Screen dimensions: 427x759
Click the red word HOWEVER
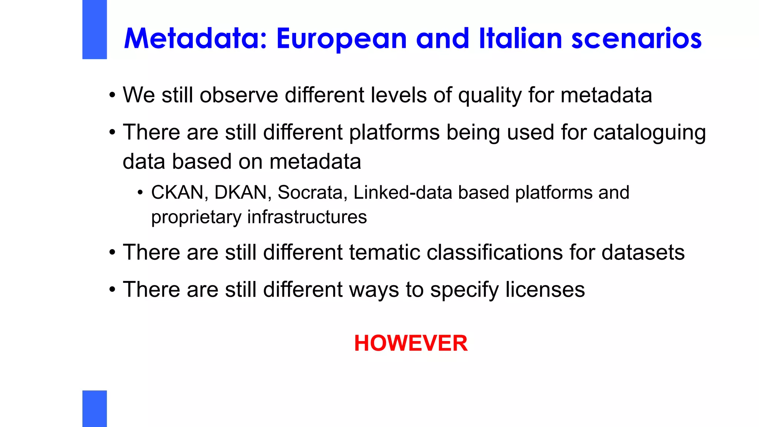point(411,343)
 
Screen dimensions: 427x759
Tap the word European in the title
point(341,39)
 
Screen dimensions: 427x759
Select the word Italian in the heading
point(520,39)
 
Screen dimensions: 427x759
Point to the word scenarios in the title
point(636,39)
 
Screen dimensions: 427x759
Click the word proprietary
point(196,217)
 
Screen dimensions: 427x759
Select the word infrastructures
point(307,217)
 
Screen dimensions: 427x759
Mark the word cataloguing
point(649,133)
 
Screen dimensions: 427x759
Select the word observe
point(239,95)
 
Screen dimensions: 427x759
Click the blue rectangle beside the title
point(95,29)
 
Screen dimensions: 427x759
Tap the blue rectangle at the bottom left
point(95,408)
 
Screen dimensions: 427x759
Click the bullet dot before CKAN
point(140,192)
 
